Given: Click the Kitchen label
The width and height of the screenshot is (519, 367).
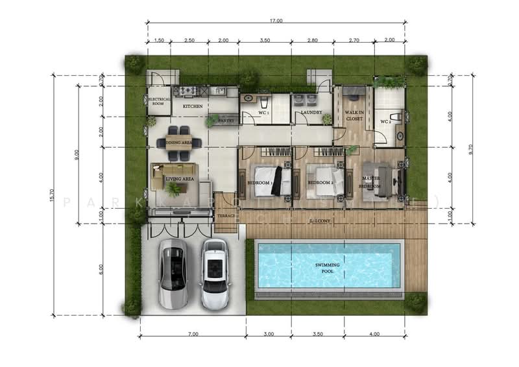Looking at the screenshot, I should tap(192, 106).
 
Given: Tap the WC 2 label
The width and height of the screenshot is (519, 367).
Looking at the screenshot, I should tap(385, 121).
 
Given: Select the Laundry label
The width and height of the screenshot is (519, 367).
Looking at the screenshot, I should tap(311, 112).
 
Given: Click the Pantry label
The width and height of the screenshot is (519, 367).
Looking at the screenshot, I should tap(226, 120).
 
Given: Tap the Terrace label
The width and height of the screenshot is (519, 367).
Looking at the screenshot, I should tap(226, 214).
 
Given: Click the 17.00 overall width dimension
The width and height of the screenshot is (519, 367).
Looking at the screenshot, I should tap(276, 21).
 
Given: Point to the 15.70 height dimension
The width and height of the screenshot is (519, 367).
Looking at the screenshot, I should tap(53, 195).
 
